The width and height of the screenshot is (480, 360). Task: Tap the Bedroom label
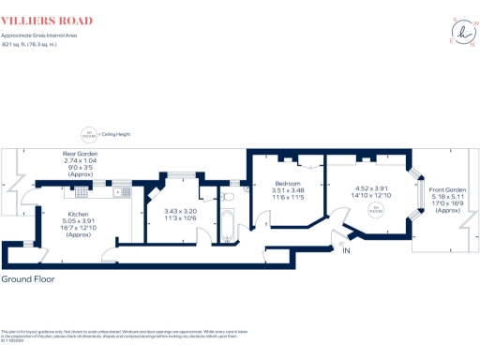[x=287, y=184]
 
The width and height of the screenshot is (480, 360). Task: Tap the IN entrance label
[x=345, y=252]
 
